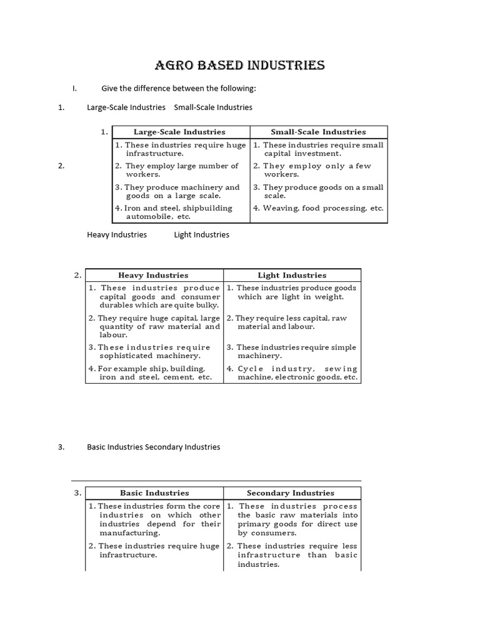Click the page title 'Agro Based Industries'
(239, 66)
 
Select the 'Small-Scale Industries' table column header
(318, 132)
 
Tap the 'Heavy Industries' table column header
(153, 275)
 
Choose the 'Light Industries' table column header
(292, 275)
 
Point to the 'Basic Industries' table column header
(154, 493)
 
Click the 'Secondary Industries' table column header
(291, 493)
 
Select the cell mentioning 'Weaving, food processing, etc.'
(318, 209)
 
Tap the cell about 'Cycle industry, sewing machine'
(292, 373)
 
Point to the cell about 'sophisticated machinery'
(154, 351)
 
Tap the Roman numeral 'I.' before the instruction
(74, 87)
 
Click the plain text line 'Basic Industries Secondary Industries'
(153, 447)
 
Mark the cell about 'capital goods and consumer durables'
(154, 297)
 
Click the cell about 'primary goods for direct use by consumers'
(292, 520)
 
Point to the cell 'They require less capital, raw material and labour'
(291, 322)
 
